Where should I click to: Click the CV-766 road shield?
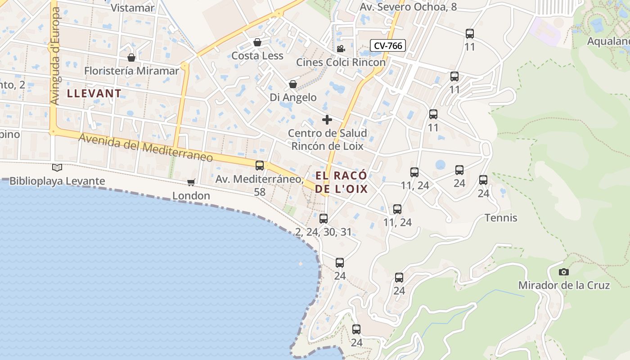click(x=388, y=45)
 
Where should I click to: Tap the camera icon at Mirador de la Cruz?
click(x=563, y=272)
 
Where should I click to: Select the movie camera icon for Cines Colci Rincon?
click(x=341, y=49)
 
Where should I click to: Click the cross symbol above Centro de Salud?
click(x=327, y=120)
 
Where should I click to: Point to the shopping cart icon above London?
click(x=191, y=182)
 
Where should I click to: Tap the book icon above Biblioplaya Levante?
click(x=57, y=167)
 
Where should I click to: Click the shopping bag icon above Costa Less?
click(x=257, y=43)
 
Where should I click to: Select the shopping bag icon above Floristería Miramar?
click(x=131, y=58)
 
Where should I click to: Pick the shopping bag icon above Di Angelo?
click(x=293, y=84)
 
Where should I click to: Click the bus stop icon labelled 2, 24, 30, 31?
click(x=323, y=219)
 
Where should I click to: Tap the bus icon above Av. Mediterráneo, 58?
click(x=260, y=166)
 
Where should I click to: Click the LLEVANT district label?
click(x=94, y=94)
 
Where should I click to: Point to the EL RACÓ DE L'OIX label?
click(x=341, y=182)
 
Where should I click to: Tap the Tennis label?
click(x=501, y=218)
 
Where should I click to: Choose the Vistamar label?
click(x=132, y=8)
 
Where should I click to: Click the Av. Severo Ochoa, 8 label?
click(x=408, y=7)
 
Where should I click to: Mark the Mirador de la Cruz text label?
click(x=564, y=285)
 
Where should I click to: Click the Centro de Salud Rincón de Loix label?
click(x=327, y=139)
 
